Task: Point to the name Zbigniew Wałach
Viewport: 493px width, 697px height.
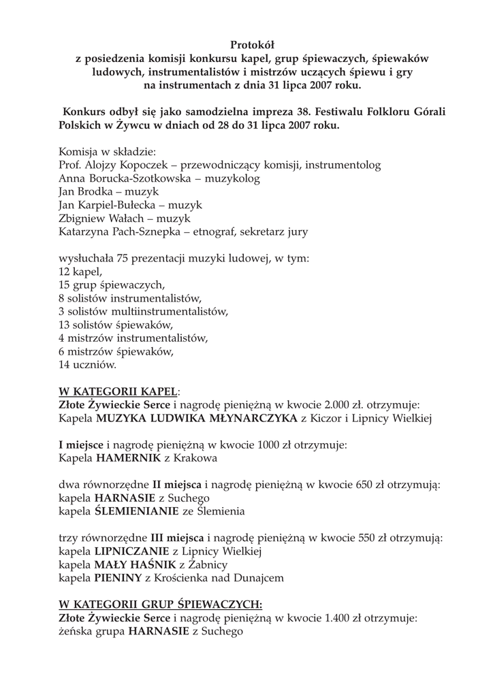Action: click(98, 218)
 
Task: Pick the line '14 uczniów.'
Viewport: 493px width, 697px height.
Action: click(88, 365)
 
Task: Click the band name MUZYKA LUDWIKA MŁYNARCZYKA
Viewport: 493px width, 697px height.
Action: click(197, 419)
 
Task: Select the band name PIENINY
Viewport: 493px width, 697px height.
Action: click(118, 577)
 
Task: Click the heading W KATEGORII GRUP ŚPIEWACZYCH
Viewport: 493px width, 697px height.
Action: click(161, 604)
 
